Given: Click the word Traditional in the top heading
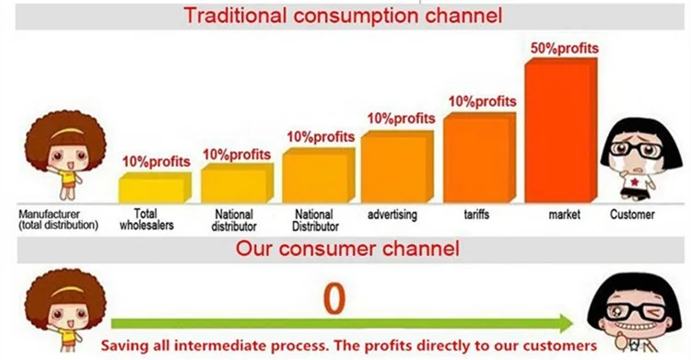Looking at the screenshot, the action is pos(235,16).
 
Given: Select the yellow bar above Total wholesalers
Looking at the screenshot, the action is pos(155,187).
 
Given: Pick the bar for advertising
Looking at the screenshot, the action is pos(397,167).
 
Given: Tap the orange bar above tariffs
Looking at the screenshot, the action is pos(479,157).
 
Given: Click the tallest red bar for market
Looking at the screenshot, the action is pos(561,131).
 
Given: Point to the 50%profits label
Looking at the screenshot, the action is pos(565,48).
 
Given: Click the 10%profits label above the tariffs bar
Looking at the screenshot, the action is pos(482,102).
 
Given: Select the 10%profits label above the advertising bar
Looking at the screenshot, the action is pos(401,119).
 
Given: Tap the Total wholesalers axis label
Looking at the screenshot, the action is pos(146,219).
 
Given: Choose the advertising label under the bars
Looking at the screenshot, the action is pos(392,215).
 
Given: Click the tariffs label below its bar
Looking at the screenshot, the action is pos(476,215).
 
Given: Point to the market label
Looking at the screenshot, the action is pos(565,215).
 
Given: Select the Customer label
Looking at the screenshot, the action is pos(632,215).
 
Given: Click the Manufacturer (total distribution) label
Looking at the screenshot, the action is pos(58,220).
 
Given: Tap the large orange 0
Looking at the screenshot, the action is pos(334,299).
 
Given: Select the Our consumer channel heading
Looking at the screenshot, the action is pos(347,249).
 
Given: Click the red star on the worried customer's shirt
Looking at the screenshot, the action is pos(635,181).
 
